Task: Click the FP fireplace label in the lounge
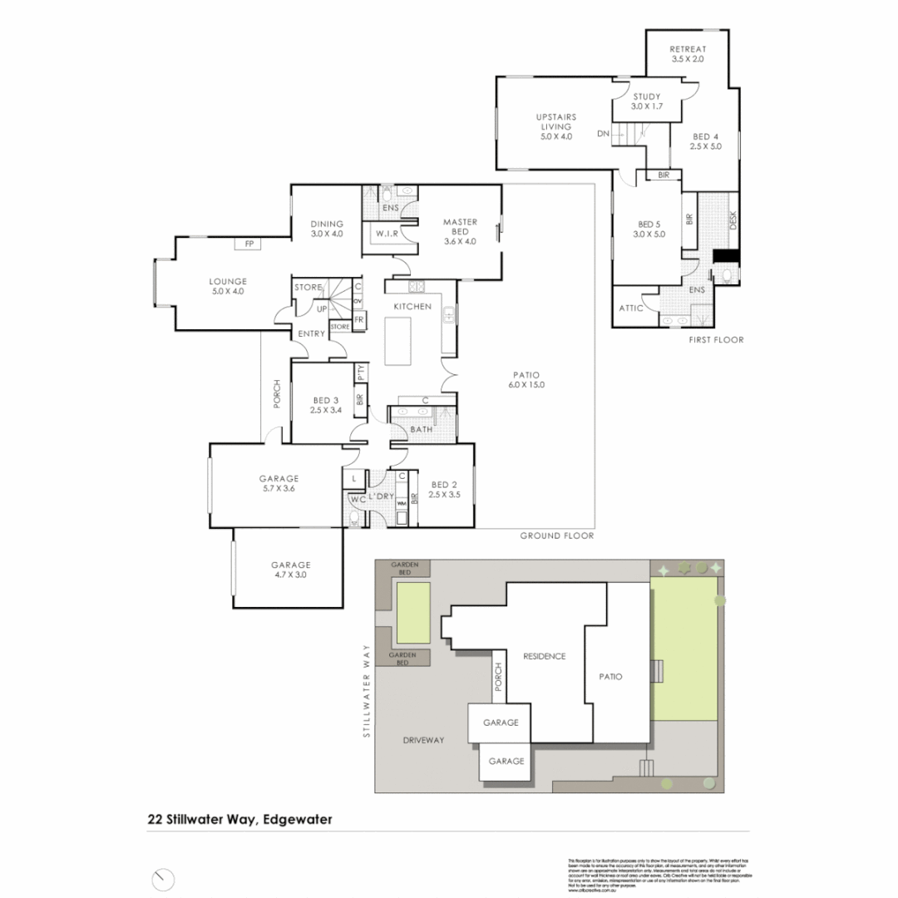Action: [248, 244]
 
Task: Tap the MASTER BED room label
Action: [460, 232]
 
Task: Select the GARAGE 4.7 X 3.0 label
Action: [290, 570]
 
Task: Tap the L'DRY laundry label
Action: [381, 496]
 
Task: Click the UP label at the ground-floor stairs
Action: [321, 309]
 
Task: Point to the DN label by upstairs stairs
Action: [603, 133]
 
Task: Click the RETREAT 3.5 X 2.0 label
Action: [688, 54]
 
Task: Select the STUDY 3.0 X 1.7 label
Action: [645, 101]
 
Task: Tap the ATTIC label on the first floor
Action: [632, 308]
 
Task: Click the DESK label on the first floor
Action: [733, 220]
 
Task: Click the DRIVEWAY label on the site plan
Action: [424, 739]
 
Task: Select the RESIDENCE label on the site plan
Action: [544, 656]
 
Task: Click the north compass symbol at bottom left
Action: [164, 879]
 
